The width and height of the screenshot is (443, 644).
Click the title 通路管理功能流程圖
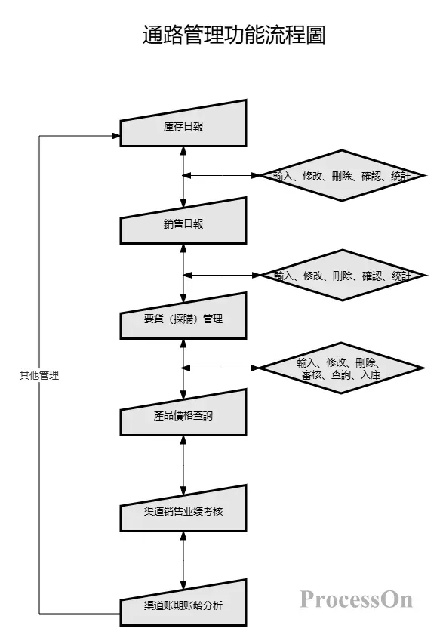(x=233, y=35)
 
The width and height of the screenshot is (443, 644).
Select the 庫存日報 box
(x=183, y=125)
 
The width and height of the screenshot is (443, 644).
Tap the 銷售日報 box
(x=183, y=223)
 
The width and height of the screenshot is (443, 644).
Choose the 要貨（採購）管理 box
(x=183, y=319)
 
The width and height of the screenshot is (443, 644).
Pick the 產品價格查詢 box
(x=183, y=415)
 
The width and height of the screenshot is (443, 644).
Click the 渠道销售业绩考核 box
(x=183, y=511)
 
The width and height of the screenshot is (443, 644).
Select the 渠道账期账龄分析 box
(x=183, y=605)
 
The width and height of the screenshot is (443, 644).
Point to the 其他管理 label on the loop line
(x=38, y=375)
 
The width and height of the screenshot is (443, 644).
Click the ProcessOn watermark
(x=356, y=599)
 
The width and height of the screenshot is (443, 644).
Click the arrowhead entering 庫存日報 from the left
(x=115, y=136)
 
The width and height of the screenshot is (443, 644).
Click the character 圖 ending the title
(x=315, y=35)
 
